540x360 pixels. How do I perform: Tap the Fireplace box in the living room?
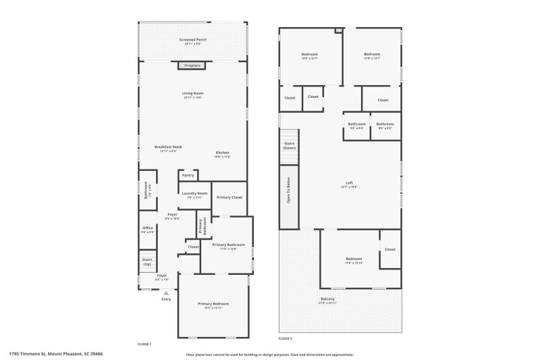click(192, 66)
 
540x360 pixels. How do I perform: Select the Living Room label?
click(192, 95)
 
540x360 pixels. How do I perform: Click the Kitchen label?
click(223, 154)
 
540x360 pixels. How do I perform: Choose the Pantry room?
click(188, 176)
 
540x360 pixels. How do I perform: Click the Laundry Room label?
click(194, 195)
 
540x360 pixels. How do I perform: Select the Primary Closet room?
click(230, 197)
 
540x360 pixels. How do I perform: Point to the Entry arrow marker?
click(166, 293)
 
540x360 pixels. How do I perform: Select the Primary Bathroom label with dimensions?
click(228, 247)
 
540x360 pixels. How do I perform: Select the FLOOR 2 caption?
click(286, 338)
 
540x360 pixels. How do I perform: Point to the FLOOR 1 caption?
click(144, 344)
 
